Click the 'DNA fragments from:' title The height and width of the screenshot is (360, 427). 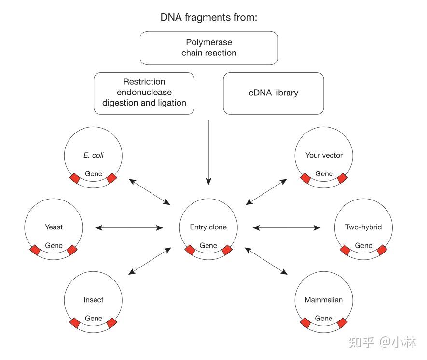click(x=208, y=17)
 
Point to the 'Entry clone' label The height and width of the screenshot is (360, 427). click(x=208, y=227)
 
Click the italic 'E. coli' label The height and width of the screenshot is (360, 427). click(x=94, y=155)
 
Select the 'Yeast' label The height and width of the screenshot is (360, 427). click(x=54, y=227)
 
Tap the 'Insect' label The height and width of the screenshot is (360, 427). click(x=94, y=300)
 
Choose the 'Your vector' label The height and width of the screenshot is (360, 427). click(x=324, y=155)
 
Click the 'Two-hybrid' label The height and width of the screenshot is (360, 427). click(x=363, y=227)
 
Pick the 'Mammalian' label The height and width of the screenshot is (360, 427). click(x=324, y=300)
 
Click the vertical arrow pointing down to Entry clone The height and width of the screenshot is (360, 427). click(x=208, y=152)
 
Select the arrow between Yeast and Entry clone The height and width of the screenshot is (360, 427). click(x=129, y=228)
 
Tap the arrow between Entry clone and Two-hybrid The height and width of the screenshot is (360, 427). click(x=287, y=228)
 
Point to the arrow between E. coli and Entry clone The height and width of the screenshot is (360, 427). click(x=150, y=192)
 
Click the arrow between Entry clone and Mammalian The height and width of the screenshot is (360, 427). click(x=266, y=261)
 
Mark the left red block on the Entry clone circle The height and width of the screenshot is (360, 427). click(x=190, y=250)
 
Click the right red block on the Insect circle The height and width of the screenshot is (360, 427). click(x=111, y=323)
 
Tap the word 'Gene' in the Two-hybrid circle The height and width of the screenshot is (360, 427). click(x=363, y=245)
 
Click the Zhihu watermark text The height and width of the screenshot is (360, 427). click(x=382, y=342)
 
